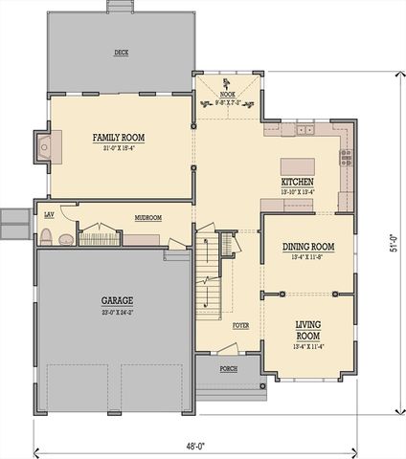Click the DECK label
pyautogui.click(x=122, y=53)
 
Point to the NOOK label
pyautogui.click(x=227, y=95)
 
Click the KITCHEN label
pyautogui.click(x=298, y=183)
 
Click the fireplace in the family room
pyautogui.click(x=43, y=147)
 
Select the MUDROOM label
pyautogui.click(x=147, y=218)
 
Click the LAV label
pyautogui.click(x=49, y=214)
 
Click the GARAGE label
pyautogui.click(x=117, y=300)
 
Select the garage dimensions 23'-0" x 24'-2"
pyautogui.click(x=117, y=312)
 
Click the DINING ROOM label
pyautogui.click(x=307, y=247)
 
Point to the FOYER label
pyautogui.click(x=240, y=326)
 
